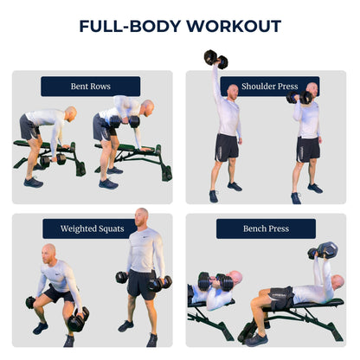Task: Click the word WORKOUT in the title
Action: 234,26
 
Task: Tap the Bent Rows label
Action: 91,87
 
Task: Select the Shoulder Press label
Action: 270,87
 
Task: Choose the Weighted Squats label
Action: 93,228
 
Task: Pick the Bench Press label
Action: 266,228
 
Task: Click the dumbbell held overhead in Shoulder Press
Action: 215,59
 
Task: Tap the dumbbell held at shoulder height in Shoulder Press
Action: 299,98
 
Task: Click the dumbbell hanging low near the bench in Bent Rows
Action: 53,160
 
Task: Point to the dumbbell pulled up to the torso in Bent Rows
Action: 125,122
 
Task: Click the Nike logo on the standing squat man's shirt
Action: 145,237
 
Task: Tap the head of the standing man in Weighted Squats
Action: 142,217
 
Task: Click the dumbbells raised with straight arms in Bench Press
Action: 323,250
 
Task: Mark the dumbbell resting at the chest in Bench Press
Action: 215,282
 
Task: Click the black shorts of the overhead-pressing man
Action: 227,148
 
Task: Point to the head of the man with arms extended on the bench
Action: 337,282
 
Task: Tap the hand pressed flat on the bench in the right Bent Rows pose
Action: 146,149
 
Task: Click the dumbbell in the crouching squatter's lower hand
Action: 79,319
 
